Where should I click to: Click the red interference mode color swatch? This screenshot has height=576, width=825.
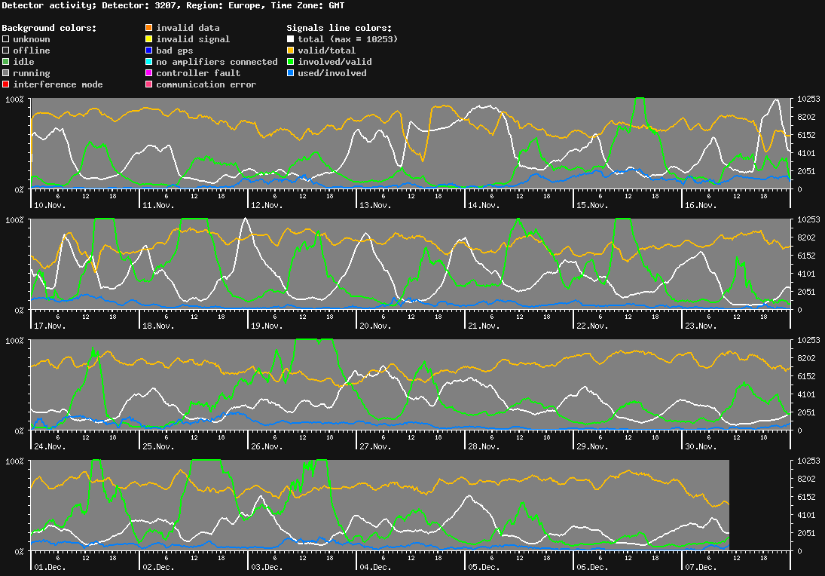[x=6, y=84]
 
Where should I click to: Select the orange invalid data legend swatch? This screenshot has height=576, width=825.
[x=149, y=28]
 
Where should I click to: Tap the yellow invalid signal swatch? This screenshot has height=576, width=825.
[x=149, y=39]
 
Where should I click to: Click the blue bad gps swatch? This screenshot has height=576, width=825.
[x=149, y=51]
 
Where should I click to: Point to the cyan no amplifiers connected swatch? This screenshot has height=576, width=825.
[x=149, y=62]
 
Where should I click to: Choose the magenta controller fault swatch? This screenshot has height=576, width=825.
[x=149, y=73]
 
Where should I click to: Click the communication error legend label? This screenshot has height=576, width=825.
[x=206, y=84]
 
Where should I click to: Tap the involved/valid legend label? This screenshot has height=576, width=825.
[x=335, y=62]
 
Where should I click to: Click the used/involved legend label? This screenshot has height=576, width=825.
[x=332, y=73]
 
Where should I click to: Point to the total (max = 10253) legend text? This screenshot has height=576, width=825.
[x=348, y=39]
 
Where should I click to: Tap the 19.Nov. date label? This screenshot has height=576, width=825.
[x=267, y=326]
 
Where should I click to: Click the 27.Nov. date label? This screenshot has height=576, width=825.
[x=375, y=446]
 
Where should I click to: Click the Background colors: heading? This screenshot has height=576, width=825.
[x=49, y=28]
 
